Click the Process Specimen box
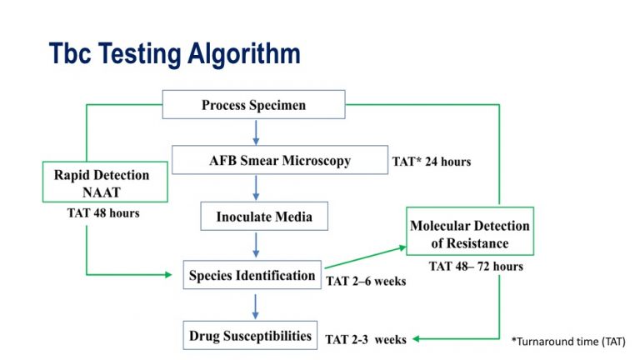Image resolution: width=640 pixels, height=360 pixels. pos(254,104)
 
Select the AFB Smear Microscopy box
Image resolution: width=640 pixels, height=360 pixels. pos(280,160)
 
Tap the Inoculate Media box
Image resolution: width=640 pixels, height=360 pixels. pos(264,216)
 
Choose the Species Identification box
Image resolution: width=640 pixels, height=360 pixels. pos(252,275)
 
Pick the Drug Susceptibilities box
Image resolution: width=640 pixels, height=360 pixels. pos(250,335)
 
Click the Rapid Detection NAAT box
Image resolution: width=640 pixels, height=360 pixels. pos(105,182)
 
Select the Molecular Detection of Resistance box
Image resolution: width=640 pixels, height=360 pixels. pos(470,231)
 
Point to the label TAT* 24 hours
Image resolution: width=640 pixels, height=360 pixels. pos(432,162)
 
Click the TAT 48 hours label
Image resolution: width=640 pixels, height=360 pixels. pos(103,213)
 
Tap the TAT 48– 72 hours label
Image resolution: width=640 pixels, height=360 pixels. pos(476,266)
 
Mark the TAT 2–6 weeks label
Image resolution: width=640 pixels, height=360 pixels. pos(366,281)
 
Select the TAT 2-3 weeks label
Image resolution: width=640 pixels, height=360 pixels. pos(366,340)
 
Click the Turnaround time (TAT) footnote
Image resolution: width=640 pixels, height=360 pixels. pos(568,341)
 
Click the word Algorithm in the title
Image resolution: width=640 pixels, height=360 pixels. pos(244,54)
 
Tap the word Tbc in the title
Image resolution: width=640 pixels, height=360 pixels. pos(70,53)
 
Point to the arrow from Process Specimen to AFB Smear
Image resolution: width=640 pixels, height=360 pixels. pos(256,132)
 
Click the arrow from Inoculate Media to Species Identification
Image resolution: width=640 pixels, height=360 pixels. pos(256,244)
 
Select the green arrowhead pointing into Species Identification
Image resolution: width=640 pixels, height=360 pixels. pos(168,275)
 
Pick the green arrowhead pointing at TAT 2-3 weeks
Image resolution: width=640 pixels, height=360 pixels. pos(417,339)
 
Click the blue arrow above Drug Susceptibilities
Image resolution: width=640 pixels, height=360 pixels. pos(256,306)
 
